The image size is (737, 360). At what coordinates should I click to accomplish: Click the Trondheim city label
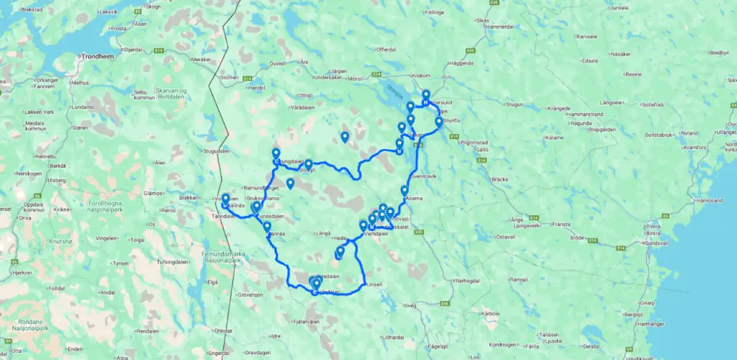pyautogui.click(x=97, y=55)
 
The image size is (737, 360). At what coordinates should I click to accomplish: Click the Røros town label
pyautogui.click(x=168, y=210)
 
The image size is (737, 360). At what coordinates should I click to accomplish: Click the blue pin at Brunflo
pyautogui.click(x=439, y=122)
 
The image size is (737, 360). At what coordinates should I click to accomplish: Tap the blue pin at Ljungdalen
pyautogui.click(x=276, y=153)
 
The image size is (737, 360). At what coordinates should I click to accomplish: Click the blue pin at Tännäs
pyautogui.click(x=267, y=227)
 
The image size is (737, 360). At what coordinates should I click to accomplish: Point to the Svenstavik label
pyautogui.click(x=423, y=176)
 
